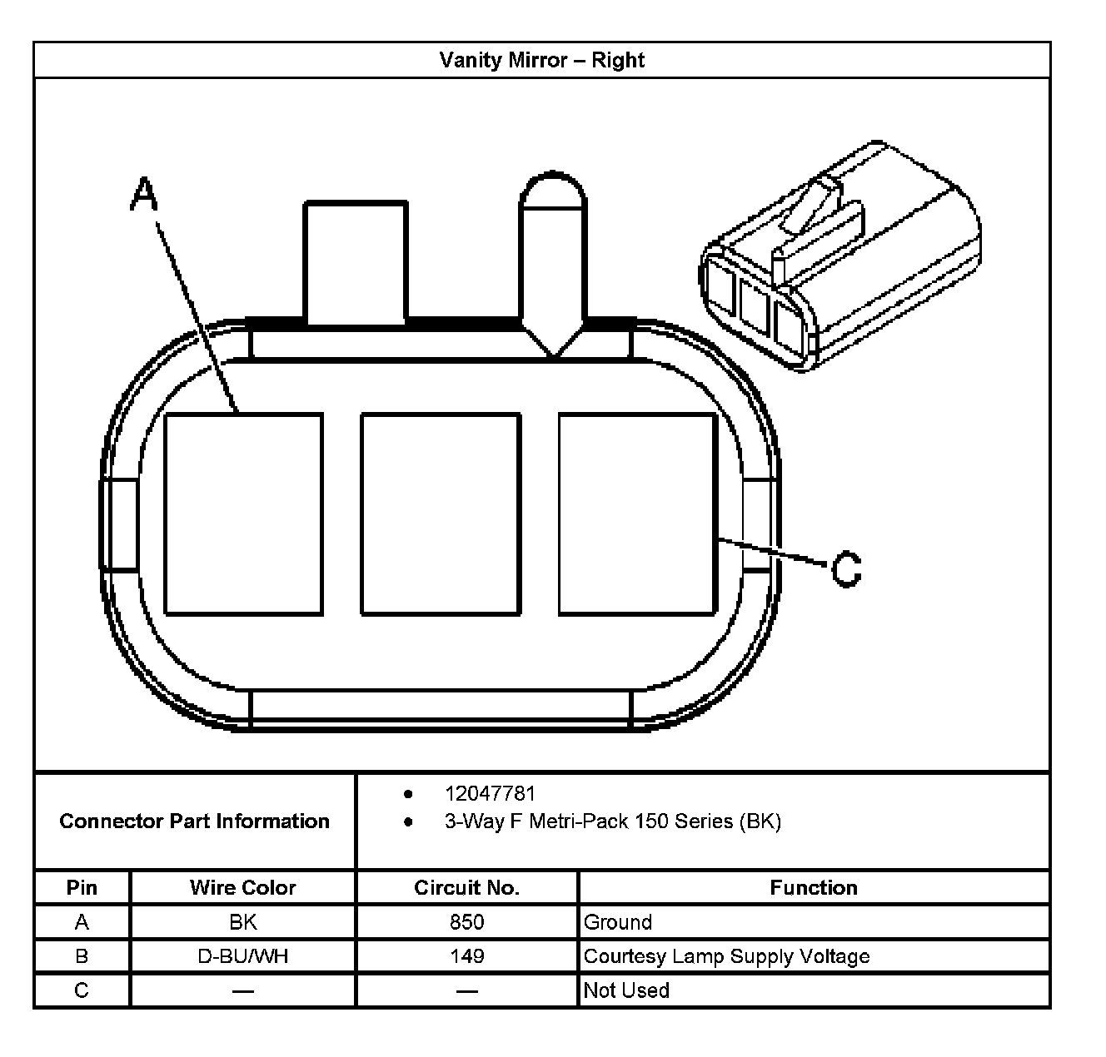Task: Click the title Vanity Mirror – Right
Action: click(x=541, y=60)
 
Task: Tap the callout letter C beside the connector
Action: click(x=846, y=570)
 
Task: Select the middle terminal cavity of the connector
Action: click(x=441, y=514)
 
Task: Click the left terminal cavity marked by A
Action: click(x=243, y=514)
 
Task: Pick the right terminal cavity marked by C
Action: click(x=637, y=514)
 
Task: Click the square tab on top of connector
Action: click(x=356, y=261)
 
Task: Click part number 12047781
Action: click(x=490, y=794)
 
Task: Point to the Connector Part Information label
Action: click(x=194, y=821)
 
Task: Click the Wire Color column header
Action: click(x=242, y=888)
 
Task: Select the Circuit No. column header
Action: click(x=466, y=888)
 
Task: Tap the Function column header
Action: click(x=813, y=888)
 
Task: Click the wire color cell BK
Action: click(x=242, y=922)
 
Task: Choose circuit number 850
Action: click(x=466, y=922)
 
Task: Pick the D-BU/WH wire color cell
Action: click(x=242, y=956)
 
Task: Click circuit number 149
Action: click(x=466, y=956)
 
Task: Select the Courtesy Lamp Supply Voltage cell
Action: click(x=726, y=956)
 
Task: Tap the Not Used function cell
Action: click(x=626, y=990)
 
